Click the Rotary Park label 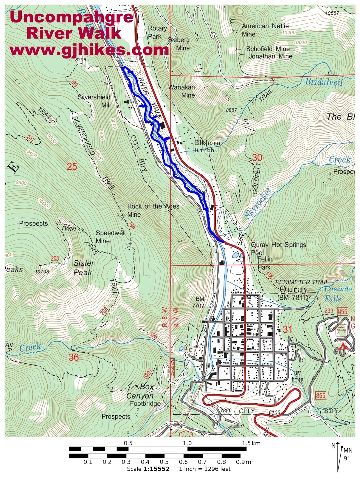click(x=157, y=32)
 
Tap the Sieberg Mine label click(x=179, y=44)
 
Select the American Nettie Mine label click(x=265, y=30)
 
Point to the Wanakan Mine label click(x=182, y=91)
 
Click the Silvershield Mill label click(x=94, y=101)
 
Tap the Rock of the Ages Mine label click(x=153, y=210)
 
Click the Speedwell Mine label click(x=110, y=237)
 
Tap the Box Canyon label click(x=140, y=391)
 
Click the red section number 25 click(x=72, y=166)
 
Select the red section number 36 click(x=74, y=357)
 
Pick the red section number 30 click(x=257, y=157)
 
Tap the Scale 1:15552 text click(x=148, y=469)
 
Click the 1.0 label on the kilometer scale click(x=187, y=443)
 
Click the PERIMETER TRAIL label click(x=302, y=282)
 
